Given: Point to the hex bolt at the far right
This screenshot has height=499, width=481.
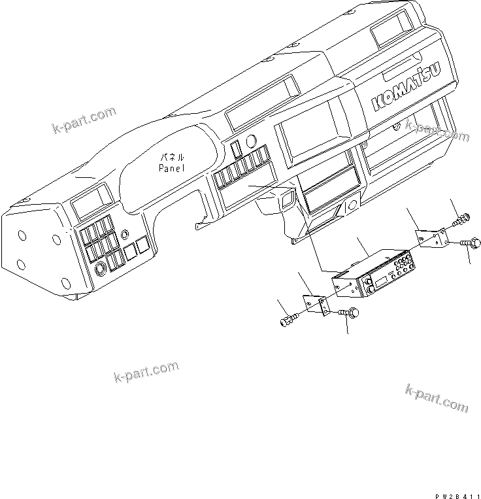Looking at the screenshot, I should [x=474, y=244].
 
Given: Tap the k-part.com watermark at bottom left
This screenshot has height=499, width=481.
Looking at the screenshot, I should [x=145, y=371].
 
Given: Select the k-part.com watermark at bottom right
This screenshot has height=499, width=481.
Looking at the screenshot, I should [x=436, y=398].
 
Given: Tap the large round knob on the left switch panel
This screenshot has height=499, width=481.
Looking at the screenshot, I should [x=101, y=269].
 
